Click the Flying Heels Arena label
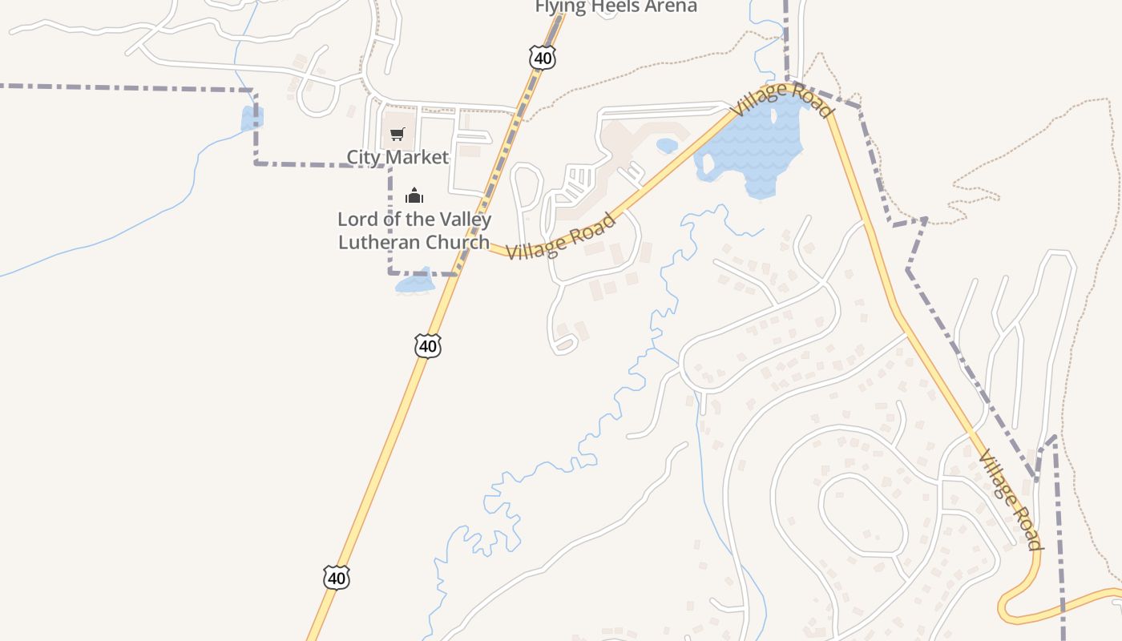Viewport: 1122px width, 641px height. coord(615,6)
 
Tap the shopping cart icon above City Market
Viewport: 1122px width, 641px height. coord(398,134)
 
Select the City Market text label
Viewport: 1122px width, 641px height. coord(398,157)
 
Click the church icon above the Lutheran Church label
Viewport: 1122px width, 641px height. coord(414,196)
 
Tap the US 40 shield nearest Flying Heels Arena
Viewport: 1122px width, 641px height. coord(543,57)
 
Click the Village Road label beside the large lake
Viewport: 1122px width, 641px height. coord(780,99)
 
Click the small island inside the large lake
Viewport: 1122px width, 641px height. coord(706,165)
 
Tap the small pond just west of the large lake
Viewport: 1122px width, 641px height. coord(666,146)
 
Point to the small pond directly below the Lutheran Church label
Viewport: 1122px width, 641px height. coord(415,283)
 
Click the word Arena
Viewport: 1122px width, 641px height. coord(668,6)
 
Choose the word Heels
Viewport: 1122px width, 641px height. coord(608,6)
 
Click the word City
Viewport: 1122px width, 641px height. coord(363,157)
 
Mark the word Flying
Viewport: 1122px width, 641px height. coord(558,6)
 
